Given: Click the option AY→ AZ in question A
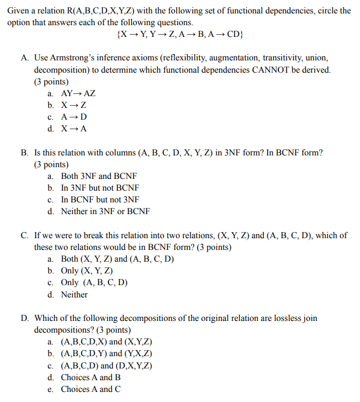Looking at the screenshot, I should click(x=78, y=93).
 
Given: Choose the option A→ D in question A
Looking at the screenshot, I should click(x=74, y=117).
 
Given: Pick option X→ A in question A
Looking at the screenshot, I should click(x=74, y=129).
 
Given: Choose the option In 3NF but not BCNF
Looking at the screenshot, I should click(x=100, y=188).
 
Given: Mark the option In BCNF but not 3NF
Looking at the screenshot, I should click(x=100, y=200).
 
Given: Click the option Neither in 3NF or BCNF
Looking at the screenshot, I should click(x=105, y=211).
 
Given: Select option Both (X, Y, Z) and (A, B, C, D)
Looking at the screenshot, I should click(x=117, y=259).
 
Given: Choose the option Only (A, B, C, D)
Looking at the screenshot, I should click(x=94, y=282).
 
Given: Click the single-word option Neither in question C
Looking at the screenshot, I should click(x=74, y=295).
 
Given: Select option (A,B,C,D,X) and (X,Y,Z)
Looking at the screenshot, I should click(x=106, y=342).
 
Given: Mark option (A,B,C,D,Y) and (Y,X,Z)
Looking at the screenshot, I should click(x=106, y=353).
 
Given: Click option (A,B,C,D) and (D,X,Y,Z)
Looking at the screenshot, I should click(x=106, y=366).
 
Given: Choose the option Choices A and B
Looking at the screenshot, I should click(x=91, y=377).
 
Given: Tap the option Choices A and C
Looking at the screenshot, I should click(x=91, y=389).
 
